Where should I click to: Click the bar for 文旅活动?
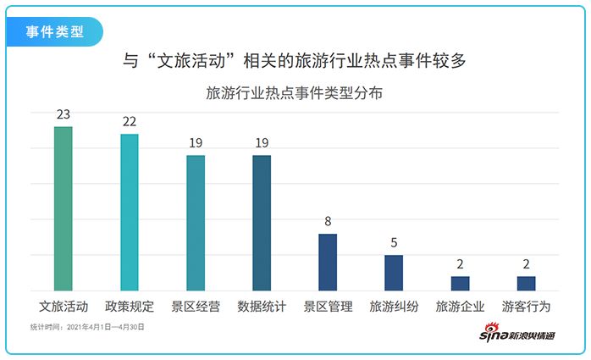coord(64,208)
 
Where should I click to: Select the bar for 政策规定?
coord(130,212)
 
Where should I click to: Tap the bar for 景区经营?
coord(196,223)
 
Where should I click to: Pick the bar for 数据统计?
coord(262,223)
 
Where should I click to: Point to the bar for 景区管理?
coord(328,262)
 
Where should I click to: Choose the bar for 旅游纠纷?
coord(394,273)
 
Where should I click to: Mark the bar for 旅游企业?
coord(460,283)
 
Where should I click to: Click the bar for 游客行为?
coord(526,283)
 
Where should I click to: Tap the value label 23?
coord(64,114)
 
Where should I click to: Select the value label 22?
coord(130,122)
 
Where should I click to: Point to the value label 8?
coord(328,222)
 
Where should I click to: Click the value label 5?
coord(394,243)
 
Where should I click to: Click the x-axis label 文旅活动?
coord(64,306)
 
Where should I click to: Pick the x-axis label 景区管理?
coord(328,306)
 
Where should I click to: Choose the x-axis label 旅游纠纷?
coord(394,306)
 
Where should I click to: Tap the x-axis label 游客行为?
coord(526,306)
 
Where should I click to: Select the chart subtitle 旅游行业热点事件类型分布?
coord(295,93)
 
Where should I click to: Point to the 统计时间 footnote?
coord(88,326)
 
